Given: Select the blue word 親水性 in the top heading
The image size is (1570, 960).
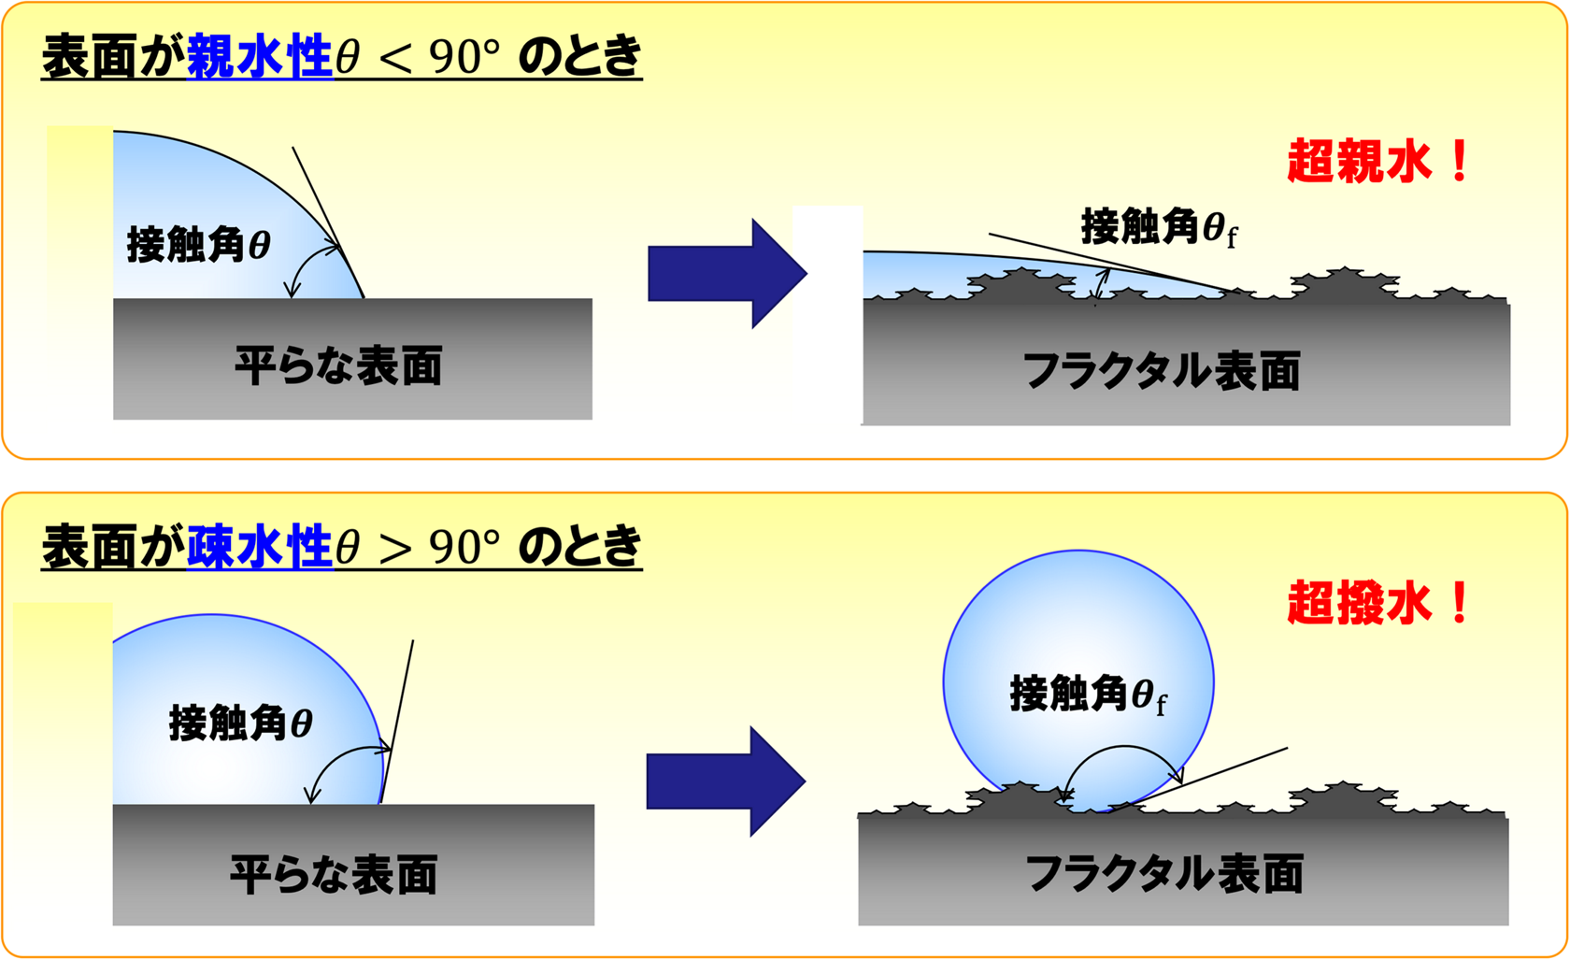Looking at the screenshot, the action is (260, 55).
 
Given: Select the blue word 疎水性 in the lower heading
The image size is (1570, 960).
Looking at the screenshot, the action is (260, 546).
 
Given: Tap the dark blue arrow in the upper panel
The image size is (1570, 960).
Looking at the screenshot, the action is (727, 274).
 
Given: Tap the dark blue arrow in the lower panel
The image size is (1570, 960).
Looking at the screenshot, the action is (726, 781).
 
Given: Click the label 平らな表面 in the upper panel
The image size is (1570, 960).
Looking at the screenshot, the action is (338, 365).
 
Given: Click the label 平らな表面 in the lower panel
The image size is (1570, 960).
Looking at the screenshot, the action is (335, 874).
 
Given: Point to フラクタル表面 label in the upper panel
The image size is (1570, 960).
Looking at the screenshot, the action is (1163, 371).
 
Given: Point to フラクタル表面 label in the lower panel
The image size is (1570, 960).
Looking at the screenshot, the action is (1164, 874).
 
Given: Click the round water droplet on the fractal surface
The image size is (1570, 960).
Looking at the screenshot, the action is (1078, 681).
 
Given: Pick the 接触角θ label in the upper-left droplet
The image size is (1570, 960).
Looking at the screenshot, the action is (199, 245).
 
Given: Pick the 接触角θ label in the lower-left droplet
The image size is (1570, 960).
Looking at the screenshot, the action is (241, 723).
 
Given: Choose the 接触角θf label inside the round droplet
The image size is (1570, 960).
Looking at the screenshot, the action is (1089, 695).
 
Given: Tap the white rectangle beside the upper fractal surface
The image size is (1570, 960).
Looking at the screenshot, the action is (828, 315).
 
